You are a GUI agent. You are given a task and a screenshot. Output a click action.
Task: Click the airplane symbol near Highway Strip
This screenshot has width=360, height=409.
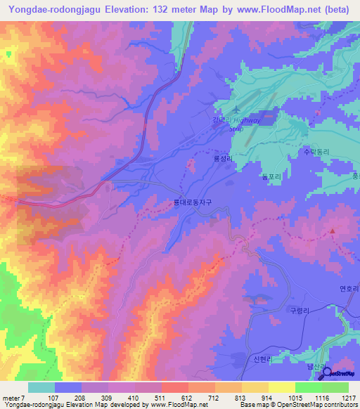(x=236, y=110)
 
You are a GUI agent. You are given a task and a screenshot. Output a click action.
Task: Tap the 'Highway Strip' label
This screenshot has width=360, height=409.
(x=246, y=124)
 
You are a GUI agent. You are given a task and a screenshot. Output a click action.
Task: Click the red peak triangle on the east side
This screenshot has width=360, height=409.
(x=333, y=230)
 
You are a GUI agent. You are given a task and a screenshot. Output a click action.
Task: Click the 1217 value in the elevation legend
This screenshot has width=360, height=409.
(x=339, y=398)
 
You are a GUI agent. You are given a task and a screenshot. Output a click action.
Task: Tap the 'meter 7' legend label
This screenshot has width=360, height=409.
(x=13, y=398)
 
